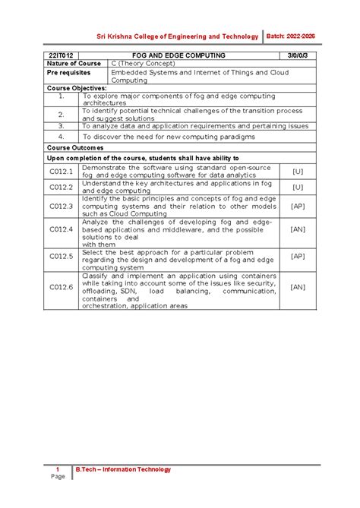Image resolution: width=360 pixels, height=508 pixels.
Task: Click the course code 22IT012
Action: click(x=62, y=55)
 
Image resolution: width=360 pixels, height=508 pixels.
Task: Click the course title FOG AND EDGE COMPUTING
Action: click(x=178, y=55)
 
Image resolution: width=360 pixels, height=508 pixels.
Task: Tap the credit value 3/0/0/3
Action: click(x=297, y=55)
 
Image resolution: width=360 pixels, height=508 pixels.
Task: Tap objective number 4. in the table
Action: click(x=61, y=137)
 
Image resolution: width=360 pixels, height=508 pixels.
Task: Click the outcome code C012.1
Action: click(x=61, y=172)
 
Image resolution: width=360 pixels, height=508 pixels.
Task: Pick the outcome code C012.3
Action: click(x=61, y=206)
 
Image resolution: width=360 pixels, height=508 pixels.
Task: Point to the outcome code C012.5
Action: click(x=61, y=257)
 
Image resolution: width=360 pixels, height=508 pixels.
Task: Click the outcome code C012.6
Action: click(x=61, y=287)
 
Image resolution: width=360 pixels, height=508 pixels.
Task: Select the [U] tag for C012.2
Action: click(x=297, y=187)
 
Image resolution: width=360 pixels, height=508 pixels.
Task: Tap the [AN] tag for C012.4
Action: click(x=297, y=229)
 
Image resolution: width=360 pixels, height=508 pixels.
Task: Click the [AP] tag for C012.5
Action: click(x=297, y=257)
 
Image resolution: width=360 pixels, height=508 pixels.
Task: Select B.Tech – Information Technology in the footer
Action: click(x=123, y=469)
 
